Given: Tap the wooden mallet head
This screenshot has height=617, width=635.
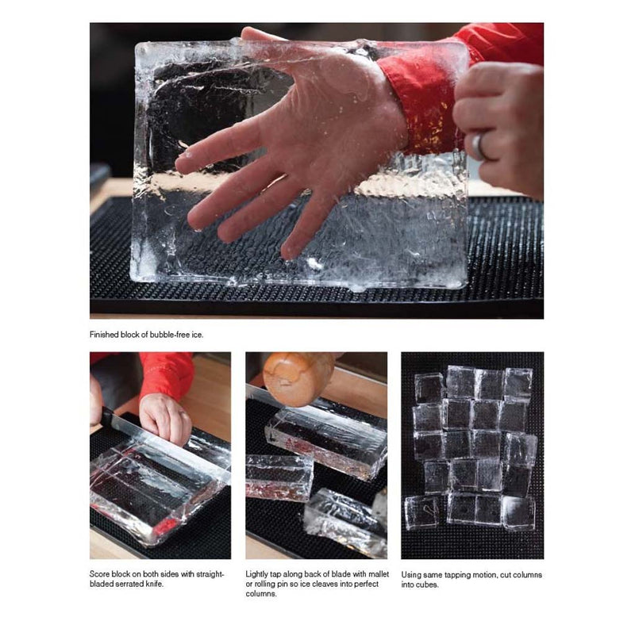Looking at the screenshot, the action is point(298,378).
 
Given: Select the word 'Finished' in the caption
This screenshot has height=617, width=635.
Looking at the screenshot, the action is point(105,335).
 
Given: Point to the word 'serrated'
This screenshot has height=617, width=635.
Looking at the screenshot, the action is point(129,584).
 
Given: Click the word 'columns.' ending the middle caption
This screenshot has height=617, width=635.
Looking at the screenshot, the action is point(261,594).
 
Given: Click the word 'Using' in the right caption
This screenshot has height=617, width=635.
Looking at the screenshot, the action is point(411,575).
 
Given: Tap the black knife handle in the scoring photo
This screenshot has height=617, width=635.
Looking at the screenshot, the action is point(106,416).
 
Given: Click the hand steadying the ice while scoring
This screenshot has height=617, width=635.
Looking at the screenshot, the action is point(165,418).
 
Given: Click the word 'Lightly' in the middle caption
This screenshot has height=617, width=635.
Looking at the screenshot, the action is point(257,574).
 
